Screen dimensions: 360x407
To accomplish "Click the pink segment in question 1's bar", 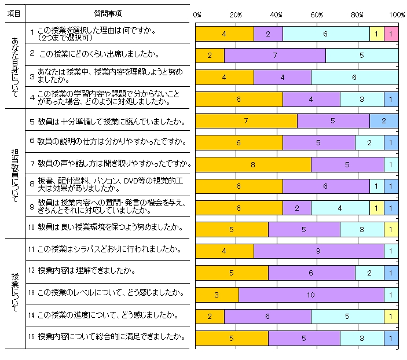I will click(391, 34).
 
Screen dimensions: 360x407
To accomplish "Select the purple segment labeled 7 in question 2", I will click(275, 56).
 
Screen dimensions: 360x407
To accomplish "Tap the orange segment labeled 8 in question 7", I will click(253, 165).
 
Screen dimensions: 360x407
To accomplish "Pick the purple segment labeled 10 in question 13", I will click(311, 295).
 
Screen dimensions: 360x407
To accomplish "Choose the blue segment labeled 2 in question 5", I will click(383, 121).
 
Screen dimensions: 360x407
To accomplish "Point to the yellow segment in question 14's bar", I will click(391, 317).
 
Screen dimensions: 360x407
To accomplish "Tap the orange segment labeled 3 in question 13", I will click(217, 295).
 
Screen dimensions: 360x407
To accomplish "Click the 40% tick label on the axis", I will click(276, 14).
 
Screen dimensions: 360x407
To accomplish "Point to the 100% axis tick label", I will click(397, 14).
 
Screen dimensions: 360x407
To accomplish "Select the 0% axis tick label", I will click(197, 14).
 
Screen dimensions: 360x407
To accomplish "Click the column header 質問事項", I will click(107, 13).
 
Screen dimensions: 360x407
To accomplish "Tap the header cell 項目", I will click(14, 13).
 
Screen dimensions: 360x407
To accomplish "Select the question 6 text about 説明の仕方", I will click(107, 141).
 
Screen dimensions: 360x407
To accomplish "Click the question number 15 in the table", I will click(32, 336).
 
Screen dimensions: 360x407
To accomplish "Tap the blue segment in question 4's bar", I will click(391, 100).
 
